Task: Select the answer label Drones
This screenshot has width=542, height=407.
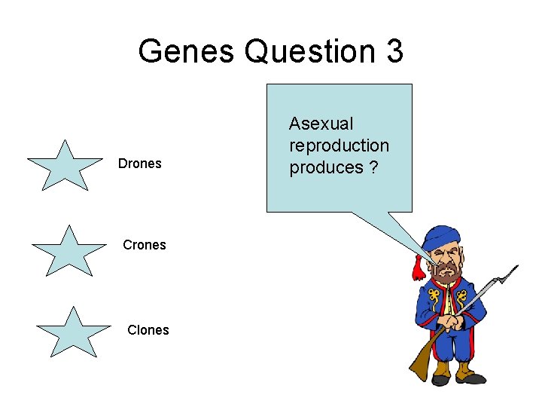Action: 140,164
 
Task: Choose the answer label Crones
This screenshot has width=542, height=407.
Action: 145,245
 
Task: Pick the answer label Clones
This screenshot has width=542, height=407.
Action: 148,329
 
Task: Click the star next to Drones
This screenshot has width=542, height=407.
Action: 65,165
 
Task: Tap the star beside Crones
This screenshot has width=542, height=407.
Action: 69,249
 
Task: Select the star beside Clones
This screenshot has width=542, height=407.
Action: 73,332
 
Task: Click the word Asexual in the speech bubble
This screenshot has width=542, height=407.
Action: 321,124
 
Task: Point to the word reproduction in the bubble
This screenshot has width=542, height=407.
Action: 340,145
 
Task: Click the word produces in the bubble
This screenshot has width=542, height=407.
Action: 326,167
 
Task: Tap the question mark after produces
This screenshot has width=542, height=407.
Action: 373,167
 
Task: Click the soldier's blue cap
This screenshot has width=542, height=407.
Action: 443,237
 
